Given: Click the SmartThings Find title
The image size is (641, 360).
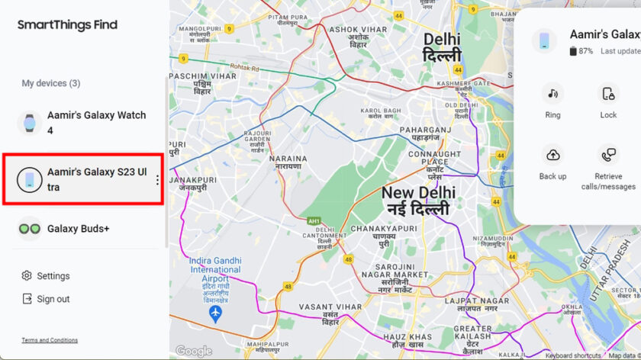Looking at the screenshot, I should [x=67, y=24].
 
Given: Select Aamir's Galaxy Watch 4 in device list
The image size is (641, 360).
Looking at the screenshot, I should [x=95, y=123].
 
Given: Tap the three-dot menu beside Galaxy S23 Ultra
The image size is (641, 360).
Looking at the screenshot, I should [x=157, y=180].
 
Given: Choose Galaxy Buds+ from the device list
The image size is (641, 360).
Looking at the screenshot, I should [x=78, y=228].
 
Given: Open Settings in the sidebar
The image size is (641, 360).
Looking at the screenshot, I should [x=53, y=276].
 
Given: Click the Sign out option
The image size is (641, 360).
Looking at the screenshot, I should [x=53, y=299].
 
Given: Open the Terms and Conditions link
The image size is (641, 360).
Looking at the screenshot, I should [x=50, y=340].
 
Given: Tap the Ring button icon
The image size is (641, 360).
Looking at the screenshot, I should [x=552, y=94].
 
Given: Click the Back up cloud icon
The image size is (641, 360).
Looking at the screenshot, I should [x=552, y=155].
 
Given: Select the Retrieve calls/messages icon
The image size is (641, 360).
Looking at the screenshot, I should [x=608, y=155].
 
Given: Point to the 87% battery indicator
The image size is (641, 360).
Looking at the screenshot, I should [x=581, y=51].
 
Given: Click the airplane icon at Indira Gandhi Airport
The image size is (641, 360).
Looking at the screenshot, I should [x=216, y=313].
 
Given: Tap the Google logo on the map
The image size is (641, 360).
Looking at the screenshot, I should [x=194, y=351].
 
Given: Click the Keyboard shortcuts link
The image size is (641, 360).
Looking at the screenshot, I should [x=573, y=355].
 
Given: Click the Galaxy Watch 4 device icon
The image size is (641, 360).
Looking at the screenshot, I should [x=30, y=123].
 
